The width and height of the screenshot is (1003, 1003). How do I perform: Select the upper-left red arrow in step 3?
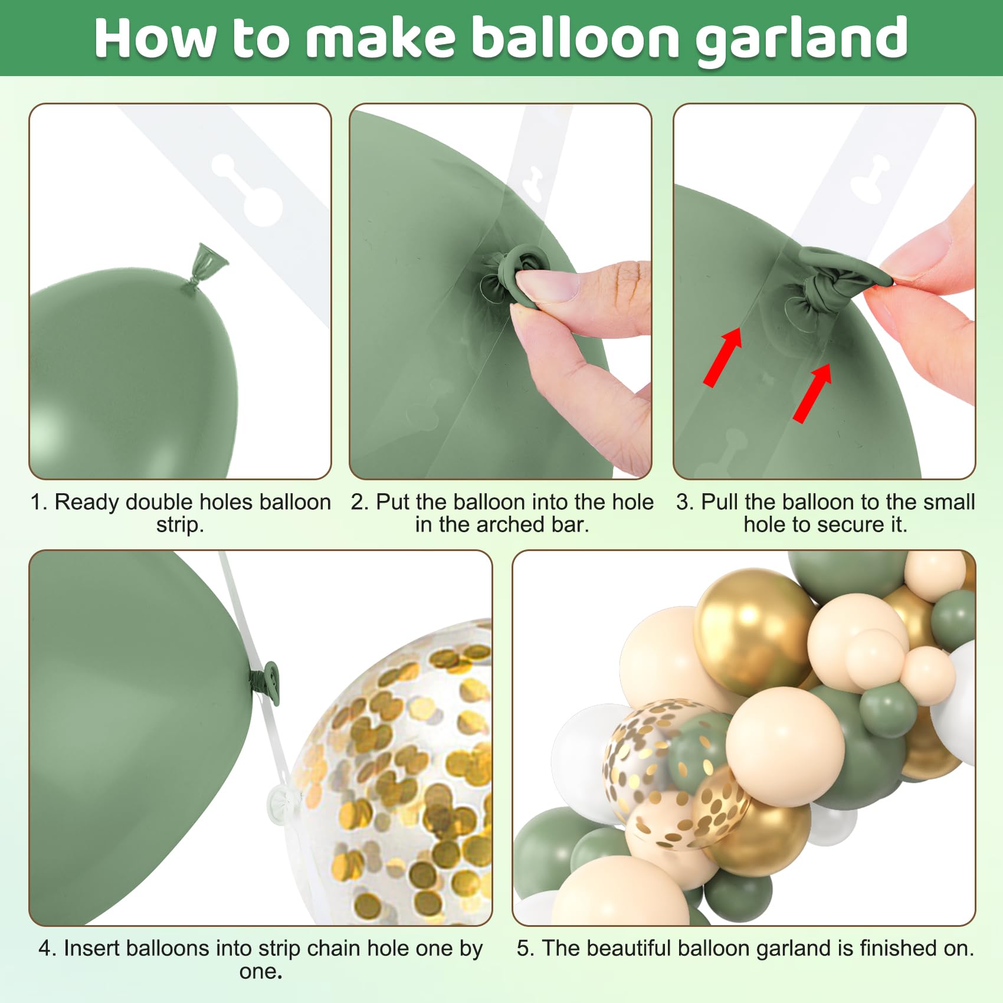pyautogui.click(x=723, y=356)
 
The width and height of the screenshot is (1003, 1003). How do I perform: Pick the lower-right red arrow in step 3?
pyautogui.click(x=812, y=393)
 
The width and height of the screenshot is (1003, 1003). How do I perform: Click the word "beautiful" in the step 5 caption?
pyautogui.click(x=629, y=948)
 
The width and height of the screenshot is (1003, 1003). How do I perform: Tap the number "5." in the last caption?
pyautogui.click(x=526, y=948)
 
